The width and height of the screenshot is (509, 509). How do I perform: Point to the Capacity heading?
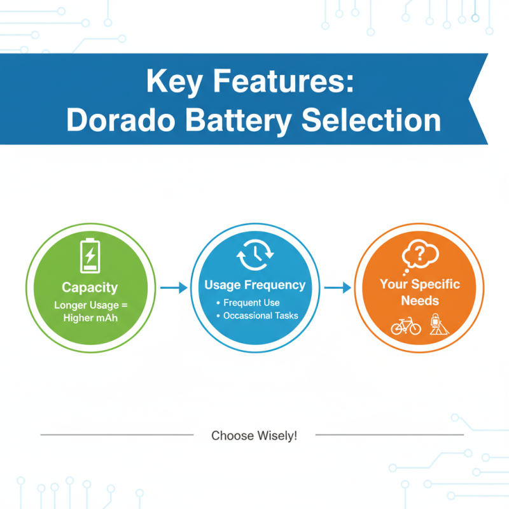coord(90,288)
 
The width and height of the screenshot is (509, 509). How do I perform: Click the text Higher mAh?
coord(90,317)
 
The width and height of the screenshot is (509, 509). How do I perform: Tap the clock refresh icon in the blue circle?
coord(254,257)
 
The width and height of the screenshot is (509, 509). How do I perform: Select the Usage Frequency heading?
coord(254,285)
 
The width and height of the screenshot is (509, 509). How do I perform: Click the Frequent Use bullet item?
coord(251,302)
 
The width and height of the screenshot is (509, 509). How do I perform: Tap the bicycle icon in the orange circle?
coord(406,326)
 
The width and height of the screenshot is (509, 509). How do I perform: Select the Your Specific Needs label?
coord(420,292)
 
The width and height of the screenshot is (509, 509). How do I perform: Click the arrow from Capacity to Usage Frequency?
coord(174,288)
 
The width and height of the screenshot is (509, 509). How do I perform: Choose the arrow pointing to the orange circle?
coord(337,288)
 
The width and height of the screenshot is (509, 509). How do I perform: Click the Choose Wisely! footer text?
coord(254,436)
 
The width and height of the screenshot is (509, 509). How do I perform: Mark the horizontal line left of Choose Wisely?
coord(117,435)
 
